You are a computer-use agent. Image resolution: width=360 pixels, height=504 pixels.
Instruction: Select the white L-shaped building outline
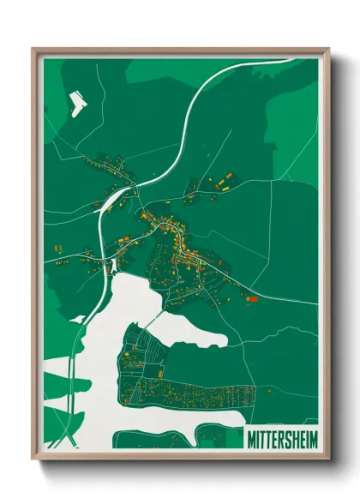point(77,105)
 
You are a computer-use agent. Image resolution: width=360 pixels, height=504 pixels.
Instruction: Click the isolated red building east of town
point(252,299)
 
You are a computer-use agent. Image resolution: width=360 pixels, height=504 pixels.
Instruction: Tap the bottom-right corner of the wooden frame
point(327,457)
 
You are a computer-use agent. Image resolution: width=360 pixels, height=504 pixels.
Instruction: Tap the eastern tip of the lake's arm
point(225,342)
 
